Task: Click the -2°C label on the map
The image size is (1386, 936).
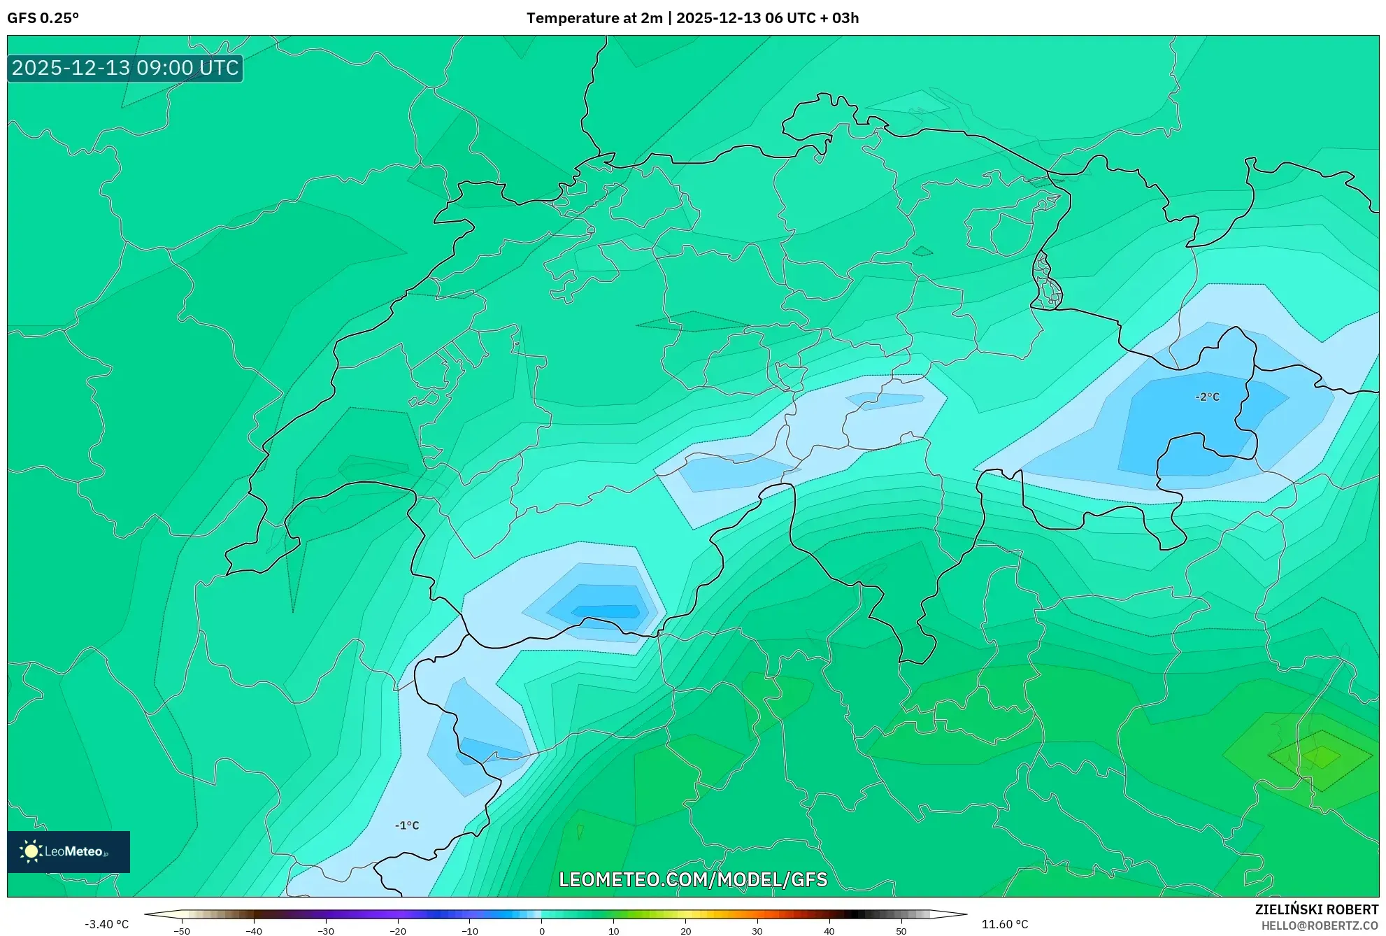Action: pos(1207,397)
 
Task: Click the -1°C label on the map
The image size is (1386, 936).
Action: pos(407,825)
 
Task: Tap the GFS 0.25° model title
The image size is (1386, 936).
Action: pos(43,18)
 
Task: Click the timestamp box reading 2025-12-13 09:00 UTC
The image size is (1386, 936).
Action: pos(125,68)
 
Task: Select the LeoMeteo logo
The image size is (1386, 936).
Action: pos(69,851)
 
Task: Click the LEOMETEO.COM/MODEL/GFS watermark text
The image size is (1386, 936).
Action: pos(693,879)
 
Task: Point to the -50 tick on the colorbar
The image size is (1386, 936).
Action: pos(182,930)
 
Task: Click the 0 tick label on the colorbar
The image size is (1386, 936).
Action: pos(542,930)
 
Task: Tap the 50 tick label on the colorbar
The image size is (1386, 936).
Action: pos(901,930)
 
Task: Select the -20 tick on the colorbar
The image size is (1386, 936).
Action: pos(398,930)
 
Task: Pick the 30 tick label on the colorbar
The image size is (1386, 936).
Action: pos(757,930)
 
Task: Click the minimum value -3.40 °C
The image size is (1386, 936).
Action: pos(107,924)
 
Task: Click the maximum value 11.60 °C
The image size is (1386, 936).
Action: pos(1005,924)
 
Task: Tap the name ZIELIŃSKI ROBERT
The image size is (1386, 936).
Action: pos(1317,909)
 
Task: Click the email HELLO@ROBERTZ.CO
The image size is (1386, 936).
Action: pos(1320,926)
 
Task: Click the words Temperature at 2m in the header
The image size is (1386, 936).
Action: pos(594,18)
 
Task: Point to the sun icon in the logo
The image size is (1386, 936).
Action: pos(31,851)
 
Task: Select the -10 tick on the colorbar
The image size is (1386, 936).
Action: pos(470,930)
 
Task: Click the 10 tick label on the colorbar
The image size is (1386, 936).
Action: pos(614,930)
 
